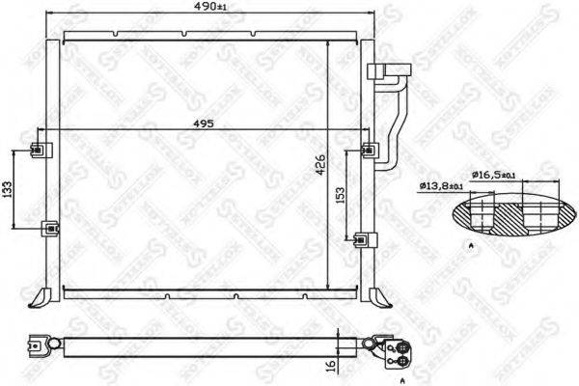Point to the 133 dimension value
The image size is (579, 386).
coord(9,189)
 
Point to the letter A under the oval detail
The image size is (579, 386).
coord(472,248)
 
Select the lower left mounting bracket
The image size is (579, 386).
coord(49,229)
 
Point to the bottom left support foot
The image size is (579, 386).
coord(39,293)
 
